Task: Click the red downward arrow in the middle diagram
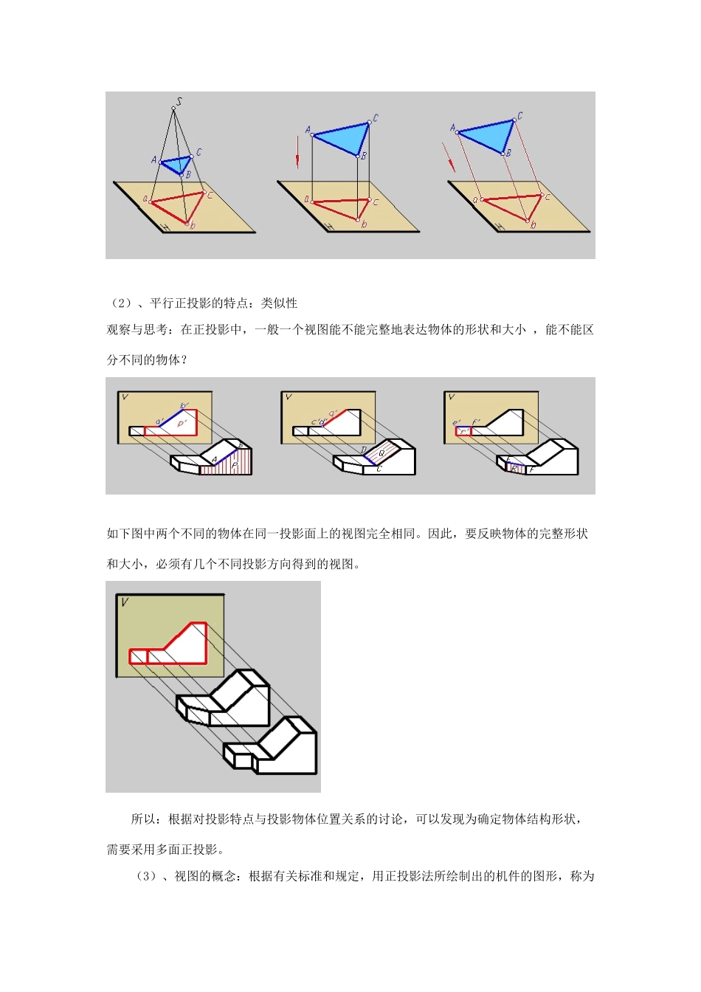pos(297,155)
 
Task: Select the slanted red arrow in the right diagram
pos(449,157)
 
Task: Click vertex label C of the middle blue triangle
pos(376,118)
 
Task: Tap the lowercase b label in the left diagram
pos(193,225)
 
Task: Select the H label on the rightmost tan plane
pos(501,227)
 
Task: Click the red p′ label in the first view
pos(181,424)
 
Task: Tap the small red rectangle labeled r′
pos(463,431)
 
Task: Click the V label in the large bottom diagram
pos(125,602)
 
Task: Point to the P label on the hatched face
pos(235,466)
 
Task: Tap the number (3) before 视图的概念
pos(146,876)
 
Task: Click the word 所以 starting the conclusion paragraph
pos(143,819)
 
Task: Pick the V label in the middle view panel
pos(289,397)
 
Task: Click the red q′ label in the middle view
pos(333,414)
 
